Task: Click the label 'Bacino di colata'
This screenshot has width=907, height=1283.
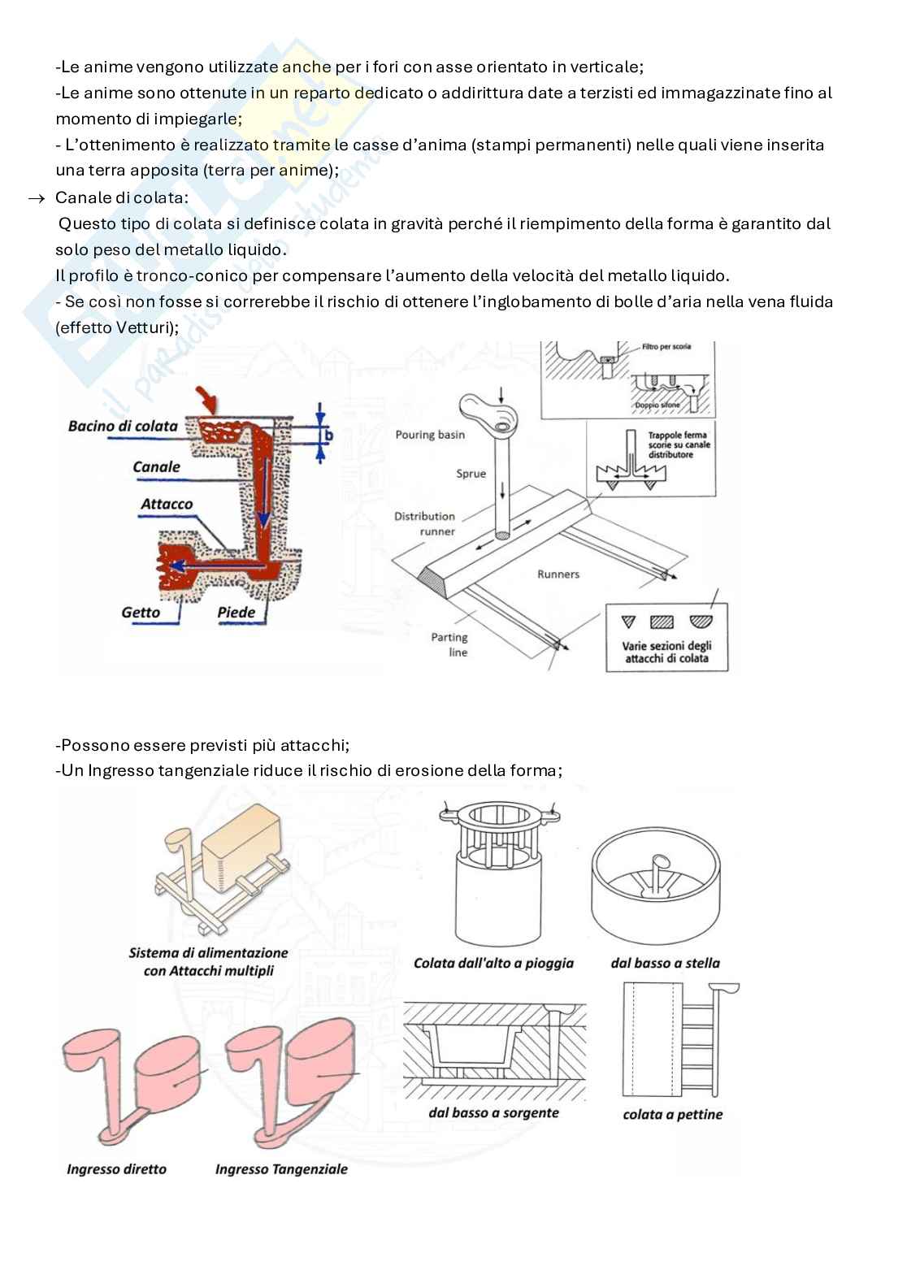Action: [x=123, y=426]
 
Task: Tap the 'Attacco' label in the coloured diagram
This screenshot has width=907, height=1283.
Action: [x=167, y=504]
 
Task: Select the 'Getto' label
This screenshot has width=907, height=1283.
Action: [x=141, y=612]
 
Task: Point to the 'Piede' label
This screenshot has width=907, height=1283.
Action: [x=236, y=612]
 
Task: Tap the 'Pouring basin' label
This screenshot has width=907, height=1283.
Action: [x=430, y=435]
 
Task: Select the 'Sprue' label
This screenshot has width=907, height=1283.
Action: [x=471, y=474]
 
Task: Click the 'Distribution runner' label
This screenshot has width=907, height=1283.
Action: [x=424, y=523]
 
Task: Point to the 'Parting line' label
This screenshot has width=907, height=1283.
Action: [x=449, y=644]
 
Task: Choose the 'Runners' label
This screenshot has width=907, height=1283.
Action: [x=558, y=574]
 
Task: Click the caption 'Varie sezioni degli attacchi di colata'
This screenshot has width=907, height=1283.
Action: [x=666, y=652]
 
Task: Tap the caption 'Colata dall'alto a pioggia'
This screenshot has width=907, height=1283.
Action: [x=493, y=963]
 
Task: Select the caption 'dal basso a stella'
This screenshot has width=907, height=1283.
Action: [x=665, y=963]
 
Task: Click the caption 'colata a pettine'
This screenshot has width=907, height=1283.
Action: [x=672, y=1114]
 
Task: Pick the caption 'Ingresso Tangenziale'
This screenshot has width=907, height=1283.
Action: [x=281, y=1169]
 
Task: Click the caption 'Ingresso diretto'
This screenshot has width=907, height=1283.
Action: [x=116, y=1169]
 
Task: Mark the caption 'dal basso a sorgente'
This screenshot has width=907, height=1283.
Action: [x=493, y=1112]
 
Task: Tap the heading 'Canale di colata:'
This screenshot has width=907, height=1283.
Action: [x=121, y=197]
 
